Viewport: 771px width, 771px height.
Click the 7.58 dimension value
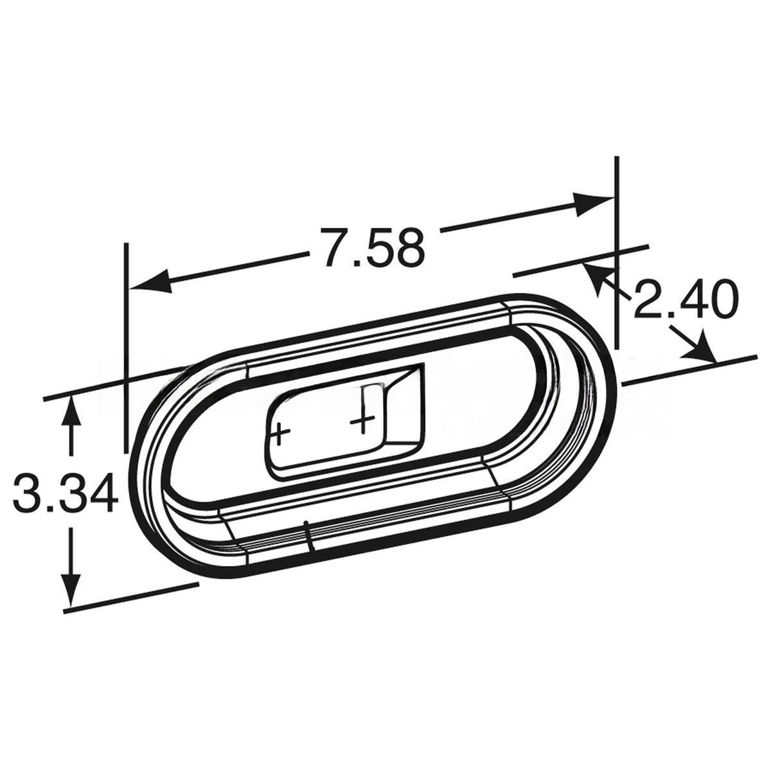point(373,248)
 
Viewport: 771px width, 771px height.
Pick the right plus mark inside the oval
point(363,421)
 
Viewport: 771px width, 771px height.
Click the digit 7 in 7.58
point(335,248)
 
